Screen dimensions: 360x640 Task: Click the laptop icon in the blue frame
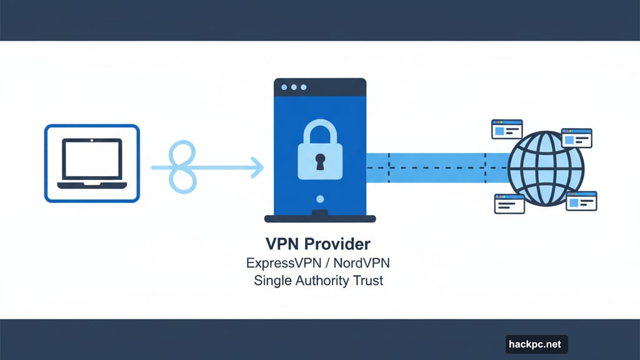[x=92, y=163]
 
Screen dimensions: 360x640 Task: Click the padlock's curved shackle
[x=320, y=132]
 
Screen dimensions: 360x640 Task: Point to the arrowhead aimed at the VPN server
[x=257, y=167]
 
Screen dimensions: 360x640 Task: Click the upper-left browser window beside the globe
[x=507, y=129]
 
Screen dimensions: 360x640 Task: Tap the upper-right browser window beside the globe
[x=576, y=137]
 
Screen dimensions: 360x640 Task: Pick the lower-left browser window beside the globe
[x=509, y=203]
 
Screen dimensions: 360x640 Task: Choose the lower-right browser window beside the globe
[x=581, y=201]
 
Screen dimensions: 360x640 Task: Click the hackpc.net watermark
[x=536, y=344]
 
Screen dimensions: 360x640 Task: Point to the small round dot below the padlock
[x=320, y=199]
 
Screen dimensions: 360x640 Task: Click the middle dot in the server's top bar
[x=295, y=87]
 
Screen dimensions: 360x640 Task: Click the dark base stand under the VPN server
[x=320, y=218]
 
